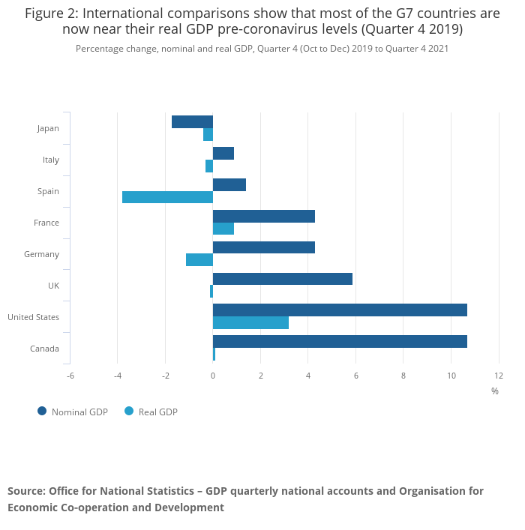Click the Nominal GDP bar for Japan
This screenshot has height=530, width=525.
coord(192,122)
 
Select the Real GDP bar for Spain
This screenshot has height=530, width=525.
coord(167,197)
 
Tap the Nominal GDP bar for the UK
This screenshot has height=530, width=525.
coord(283,279)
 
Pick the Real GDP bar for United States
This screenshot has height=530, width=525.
coord(250,323)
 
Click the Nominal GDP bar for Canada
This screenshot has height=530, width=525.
coord(340,342)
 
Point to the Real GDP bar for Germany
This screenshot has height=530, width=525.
coord(199,260)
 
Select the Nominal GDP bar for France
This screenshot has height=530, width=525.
coord(264,216)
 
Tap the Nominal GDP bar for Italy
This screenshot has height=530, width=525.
coord(223,154)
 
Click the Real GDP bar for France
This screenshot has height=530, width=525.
coord(223,229)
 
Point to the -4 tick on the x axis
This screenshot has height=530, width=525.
coord(118,375)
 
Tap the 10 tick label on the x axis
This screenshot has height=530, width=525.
coord(451,375)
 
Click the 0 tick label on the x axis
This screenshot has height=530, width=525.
coord(213,375)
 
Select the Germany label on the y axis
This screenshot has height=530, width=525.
coord(41,254)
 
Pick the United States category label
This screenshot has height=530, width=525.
coord(33,317)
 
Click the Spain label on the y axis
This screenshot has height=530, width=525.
coord(48,191)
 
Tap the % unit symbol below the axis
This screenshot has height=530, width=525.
coord(495,391)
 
